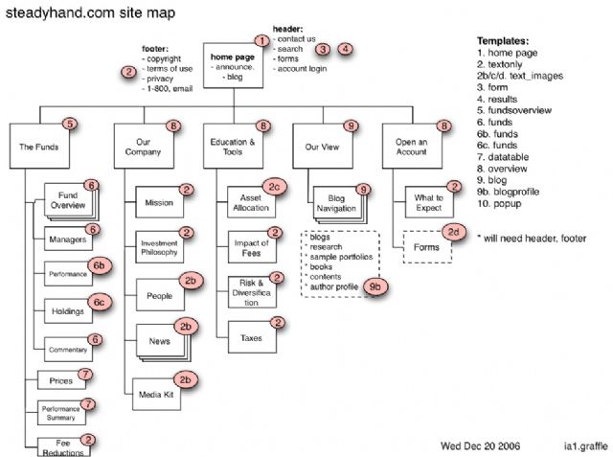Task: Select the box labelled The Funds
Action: tap(39, 149)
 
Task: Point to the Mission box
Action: tap(159, 203)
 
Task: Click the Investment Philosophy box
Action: tap(159, 246)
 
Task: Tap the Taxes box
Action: tap(250, 336)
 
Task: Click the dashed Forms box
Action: tap(427, 247)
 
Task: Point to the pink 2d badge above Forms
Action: tap(456, 231)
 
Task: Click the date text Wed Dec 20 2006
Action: tap(482, 445)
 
